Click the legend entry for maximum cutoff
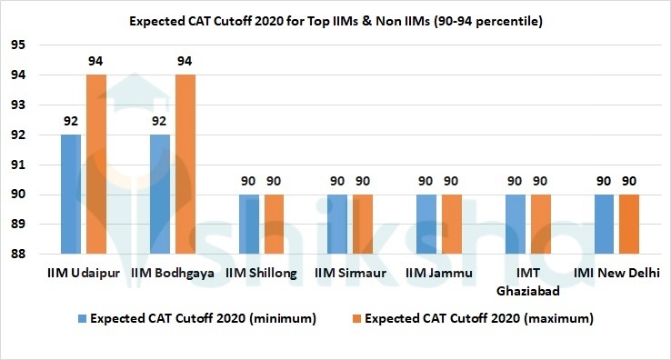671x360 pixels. coord(471,318)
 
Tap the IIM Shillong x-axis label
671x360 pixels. coord(261,274)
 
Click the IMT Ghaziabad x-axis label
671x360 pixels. coord(527,281)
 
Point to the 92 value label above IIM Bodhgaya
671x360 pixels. coord(160,121)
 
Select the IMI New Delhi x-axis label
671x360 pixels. coord(616,274)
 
